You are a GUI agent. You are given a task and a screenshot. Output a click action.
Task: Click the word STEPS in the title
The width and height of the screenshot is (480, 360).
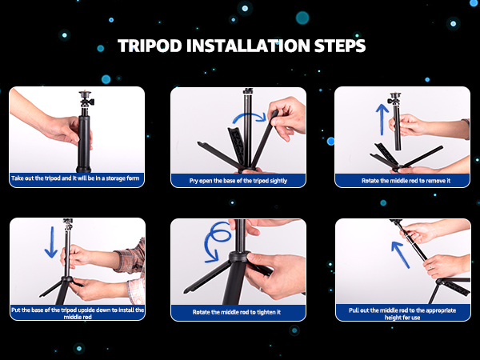340,46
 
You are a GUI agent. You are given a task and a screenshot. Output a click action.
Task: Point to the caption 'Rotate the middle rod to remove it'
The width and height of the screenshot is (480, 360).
406,181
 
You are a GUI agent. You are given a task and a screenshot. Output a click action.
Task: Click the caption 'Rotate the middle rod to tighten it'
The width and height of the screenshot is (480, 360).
237,312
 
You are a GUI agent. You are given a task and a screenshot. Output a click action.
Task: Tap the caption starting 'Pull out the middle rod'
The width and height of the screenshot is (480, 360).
402,314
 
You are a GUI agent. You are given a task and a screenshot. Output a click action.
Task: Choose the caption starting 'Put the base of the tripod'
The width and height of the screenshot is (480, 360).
78,313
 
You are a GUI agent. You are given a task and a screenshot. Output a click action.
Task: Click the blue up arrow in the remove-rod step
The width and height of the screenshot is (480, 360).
382,119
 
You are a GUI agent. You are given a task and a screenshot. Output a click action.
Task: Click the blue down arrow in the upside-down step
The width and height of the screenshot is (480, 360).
51,242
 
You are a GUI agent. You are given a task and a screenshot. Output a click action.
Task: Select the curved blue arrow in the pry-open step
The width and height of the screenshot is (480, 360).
250,114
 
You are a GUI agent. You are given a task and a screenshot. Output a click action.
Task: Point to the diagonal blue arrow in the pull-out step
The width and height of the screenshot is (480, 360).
401,254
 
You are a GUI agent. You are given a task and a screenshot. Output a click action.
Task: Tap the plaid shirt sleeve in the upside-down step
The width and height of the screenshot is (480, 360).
132,257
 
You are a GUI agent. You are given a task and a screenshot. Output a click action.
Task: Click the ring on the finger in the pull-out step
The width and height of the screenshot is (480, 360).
430,266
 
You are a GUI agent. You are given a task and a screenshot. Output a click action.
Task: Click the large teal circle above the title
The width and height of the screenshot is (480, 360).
302,18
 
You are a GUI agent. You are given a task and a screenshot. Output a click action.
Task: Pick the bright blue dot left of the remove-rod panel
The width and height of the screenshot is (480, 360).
330,141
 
